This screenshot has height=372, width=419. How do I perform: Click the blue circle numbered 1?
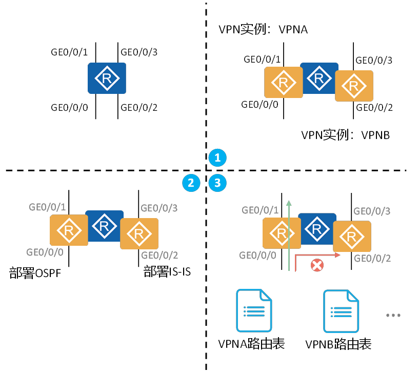point(217,158)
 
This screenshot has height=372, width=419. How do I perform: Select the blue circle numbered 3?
point(217,183)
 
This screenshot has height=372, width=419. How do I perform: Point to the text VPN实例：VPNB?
point(345,135)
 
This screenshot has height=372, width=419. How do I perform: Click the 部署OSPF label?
point(35,273)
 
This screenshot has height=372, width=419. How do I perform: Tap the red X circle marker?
point(317,265)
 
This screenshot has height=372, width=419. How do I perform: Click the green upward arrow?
point(289,236)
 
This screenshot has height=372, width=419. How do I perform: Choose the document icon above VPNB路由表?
point(340,311)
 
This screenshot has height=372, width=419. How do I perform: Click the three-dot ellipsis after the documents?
point(393,315)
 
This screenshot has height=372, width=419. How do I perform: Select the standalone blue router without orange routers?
point(107,79)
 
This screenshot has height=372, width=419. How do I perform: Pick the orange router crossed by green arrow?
point(281,233)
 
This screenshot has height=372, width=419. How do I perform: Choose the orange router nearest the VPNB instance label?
point(354,86)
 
